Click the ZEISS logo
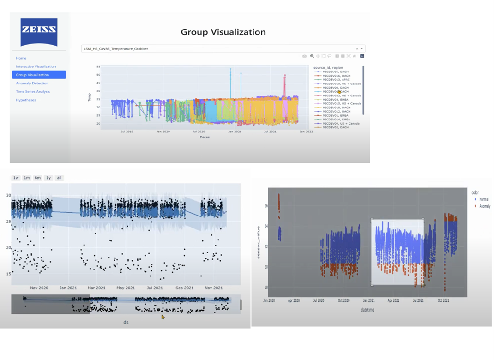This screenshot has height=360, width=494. click(x=39, y=32)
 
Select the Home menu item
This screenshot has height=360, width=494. click(x=21, y=58)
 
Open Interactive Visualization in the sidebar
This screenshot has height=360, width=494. click(x=36, y=66)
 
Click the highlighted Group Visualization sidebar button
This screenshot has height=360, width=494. click(x=39, y=75)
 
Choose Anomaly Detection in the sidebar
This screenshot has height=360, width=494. click(x=32, y=83)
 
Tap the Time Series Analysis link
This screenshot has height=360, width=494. click(x=33, y=91)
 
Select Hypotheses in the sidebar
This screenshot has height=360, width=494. click(x=26, y=100)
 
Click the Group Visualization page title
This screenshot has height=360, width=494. click(x=223, y=32)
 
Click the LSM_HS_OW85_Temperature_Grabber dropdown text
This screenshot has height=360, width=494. click(x=116, y=48)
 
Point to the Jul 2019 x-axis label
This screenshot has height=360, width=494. click(x=127, y=132)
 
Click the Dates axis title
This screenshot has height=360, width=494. click(x=205, y=137)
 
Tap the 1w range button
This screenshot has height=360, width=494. click(x=16, y=178)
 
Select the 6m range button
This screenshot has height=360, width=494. click(x=37, y=178)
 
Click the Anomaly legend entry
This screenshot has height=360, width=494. click(x=485, y=206)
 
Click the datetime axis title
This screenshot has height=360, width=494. click(x=368, y=310)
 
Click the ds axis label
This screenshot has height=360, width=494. click(x=126, y=322)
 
